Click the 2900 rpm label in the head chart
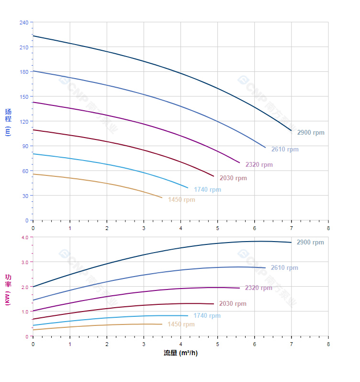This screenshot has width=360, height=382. pyautogui.click(x=310, y=133)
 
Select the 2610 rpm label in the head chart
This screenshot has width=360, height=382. pyautogui.click(x=284, y=150)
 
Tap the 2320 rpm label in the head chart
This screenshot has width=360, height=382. pyautogui.click(x=259, y=165)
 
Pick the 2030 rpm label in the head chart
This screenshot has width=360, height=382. pyautogui.click(x=233, y=178)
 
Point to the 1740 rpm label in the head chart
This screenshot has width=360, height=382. pyautogui.click(x=207, y=190)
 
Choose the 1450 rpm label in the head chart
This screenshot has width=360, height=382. pyautogui.click(x=181, y=200)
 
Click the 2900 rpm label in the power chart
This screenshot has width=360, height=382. pyautogui.click(x=310, y=243)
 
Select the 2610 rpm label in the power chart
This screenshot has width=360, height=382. pyautogui.click(x=284, y=268)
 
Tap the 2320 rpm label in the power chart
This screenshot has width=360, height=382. pyautogui.click(x=259, y=288)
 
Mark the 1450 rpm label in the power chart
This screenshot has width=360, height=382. pyautogui.click(x=181, y=324)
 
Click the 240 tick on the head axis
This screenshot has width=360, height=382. pyautogui.click(x=23, y=23)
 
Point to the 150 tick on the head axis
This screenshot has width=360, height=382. pyautogui.click(x=23, y=97)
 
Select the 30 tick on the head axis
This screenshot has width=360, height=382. pyautogui.click(x=25, y=196)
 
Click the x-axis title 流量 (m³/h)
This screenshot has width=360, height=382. pyautogui.click(x=180, y=353)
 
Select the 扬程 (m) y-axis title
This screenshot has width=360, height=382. pyautogui.click(x=8, y=122)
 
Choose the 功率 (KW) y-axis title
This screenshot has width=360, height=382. pyautogui.click(x=8, y=289)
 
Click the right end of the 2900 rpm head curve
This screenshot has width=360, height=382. pyautogui.click(x=291, y=130)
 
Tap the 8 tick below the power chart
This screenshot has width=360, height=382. pyautogui.click(x=328, y=344)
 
